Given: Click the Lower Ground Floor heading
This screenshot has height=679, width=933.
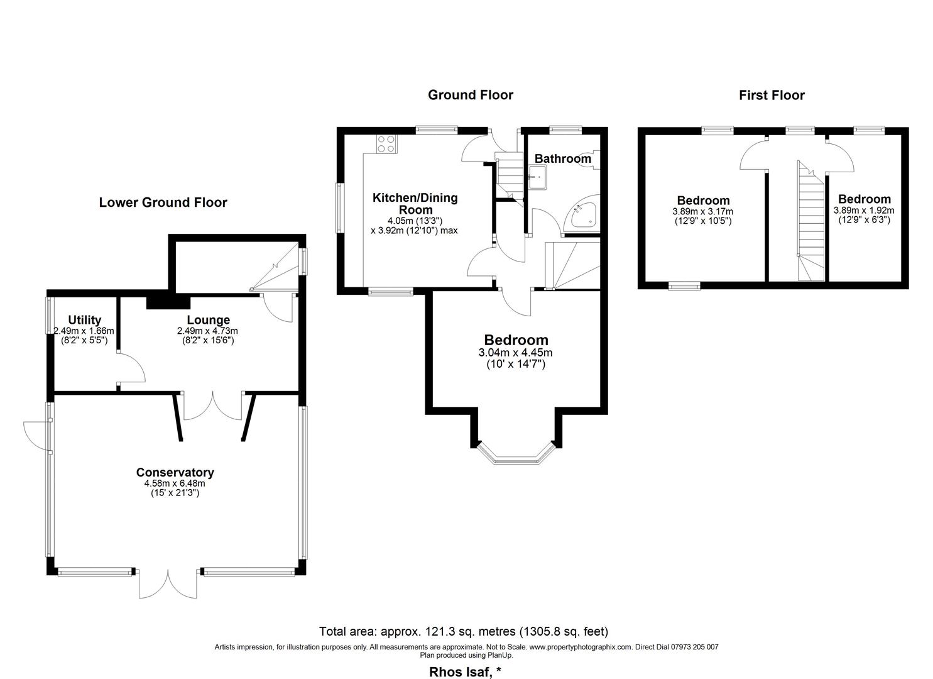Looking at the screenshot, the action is (x=163, y=202).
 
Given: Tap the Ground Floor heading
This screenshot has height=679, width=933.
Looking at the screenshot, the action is (x=470, y=95).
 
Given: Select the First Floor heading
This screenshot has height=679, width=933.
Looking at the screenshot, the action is (x=772, y=96).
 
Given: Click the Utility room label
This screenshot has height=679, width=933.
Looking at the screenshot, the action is (x=85, y=320).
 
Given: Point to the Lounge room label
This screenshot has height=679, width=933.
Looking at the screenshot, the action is (x=208, y=320).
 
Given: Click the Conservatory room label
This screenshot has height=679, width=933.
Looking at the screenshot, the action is (x=175, y=472).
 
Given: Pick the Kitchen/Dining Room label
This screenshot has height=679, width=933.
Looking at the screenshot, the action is (x=415, y=204).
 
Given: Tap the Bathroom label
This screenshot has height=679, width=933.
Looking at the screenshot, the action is (x=563, y=159).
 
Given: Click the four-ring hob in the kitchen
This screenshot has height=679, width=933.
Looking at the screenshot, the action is (x=386, y=144).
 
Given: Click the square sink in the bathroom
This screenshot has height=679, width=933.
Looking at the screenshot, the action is (x=538, y=177).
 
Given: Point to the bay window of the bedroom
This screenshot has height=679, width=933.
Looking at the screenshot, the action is (x=516, y=456).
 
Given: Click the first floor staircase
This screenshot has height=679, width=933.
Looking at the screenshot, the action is (x=811, y=221).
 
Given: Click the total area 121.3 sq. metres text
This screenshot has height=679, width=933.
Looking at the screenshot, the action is (x=464, y=631).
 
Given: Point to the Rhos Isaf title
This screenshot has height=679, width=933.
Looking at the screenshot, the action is (x=465, y=672).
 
